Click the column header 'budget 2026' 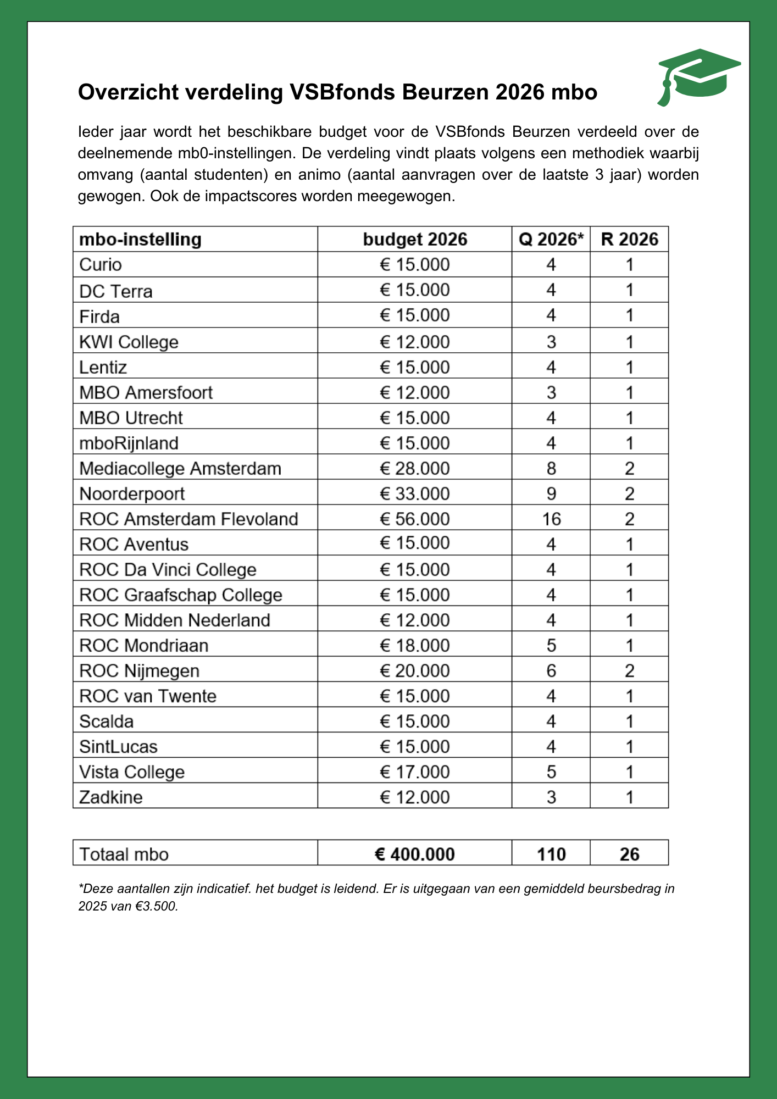415,240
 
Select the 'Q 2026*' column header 551,240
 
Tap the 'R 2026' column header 629,240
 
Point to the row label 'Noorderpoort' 132,494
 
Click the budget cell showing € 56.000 415,519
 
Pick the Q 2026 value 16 551,519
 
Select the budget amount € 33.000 415,494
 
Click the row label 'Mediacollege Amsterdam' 180,469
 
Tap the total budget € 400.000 415,854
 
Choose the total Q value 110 551,854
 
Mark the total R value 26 629,854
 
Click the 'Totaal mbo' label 124,854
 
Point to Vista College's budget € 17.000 415,772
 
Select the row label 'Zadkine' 111,797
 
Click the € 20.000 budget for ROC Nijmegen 415,671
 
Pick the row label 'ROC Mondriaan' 144,646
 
